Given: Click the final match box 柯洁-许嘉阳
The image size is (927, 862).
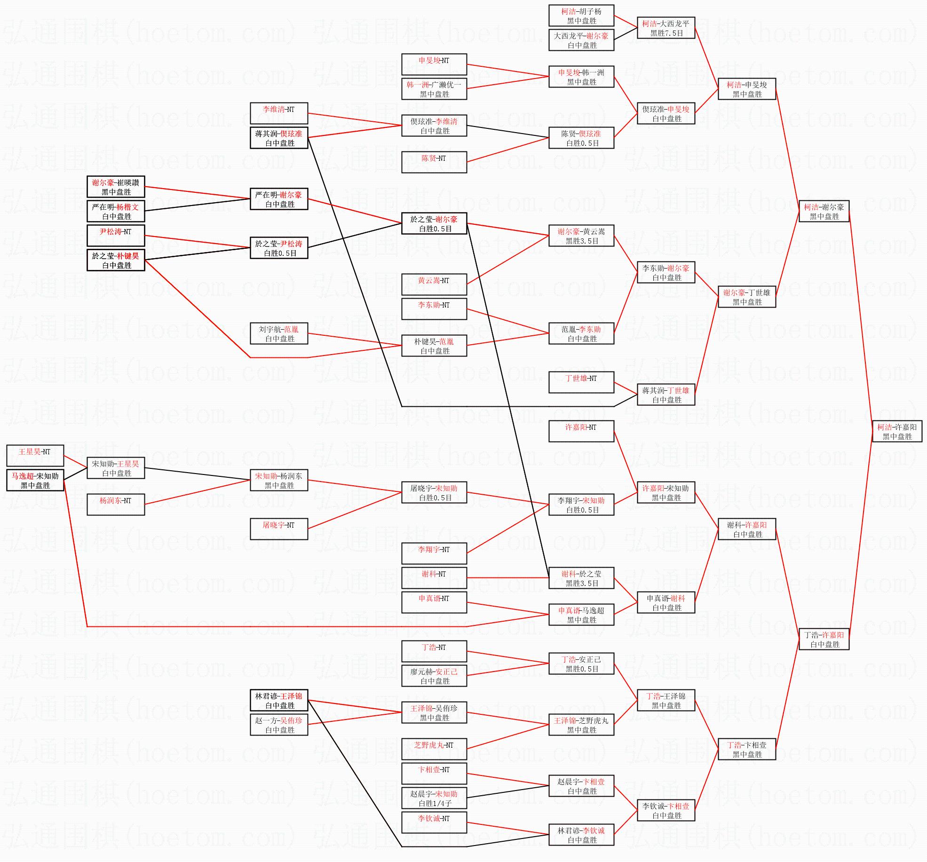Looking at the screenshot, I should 897,431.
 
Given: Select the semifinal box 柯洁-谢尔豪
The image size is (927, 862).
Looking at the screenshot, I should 824,211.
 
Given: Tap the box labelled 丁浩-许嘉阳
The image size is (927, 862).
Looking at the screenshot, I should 824,639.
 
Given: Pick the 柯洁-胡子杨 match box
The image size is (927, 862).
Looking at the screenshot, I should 581,16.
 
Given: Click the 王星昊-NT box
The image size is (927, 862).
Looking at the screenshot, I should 35,456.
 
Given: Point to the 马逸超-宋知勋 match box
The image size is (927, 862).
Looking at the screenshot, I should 35,480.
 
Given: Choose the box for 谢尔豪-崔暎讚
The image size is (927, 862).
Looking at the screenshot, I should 116,187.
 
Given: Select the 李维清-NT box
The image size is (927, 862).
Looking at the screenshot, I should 279,113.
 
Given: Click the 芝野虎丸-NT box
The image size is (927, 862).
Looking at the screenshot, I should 434,749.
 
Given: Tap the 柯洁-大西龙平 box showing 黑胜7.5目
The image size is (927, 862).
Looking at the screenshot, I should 666,28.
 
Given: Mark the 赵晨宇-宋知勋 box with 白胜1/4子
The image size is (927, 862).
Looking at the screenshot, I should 434,798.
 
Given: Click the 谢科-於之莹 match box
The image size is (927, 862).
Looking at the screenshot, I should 581,578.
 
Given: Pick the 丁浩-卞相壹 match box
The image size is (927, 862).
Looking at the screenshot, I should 747,749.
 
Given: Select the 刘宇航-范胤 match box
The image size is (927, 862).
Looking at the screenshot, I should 279,333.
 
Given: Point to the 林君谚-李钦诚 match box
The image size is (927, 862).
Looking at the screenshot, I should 581,835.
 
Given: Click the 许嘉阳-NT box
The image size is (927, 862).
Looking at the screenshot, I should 581,431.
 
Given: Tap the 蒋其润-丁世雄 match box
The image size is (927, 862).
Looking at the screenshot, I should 666,395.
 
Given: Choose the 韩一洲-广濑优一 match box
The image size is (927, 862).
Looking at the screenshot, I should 434,89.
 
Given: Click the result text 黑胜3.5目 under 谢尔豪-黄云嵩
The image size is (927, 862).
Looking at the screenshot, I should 582,241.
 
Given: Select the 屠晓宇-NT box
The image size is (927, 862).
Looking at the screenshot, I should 279,529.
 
